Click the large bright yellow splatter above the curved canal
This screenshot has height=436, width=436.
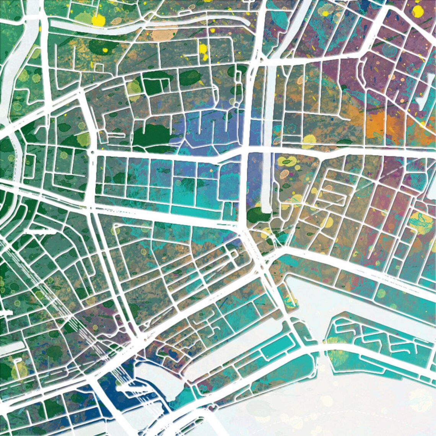(x=98, y=20)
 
